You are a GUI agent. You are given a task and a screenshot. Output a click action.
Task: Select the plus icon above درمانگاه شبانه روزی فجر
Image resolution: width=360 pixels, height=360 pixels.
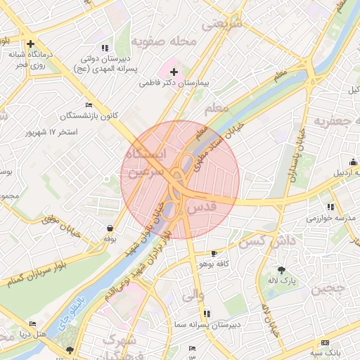coord(30,44)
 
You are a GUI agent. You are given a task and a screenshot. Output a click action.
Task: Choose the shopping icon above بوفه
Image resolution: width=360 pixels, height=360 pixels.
coord(110,229)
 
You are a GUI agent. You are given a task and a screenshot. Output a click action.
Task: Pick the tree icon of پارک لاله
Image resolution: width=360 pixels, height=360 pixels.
coord(282,270)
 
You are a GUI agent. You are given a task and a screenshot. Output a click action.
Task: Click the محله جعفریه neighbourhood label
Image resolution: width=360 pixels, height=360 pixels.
coord(336,122)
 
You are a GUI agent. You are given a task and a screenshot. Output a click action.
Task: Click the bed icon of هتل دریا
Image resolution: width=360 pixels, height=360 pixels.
coord(33,323)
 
